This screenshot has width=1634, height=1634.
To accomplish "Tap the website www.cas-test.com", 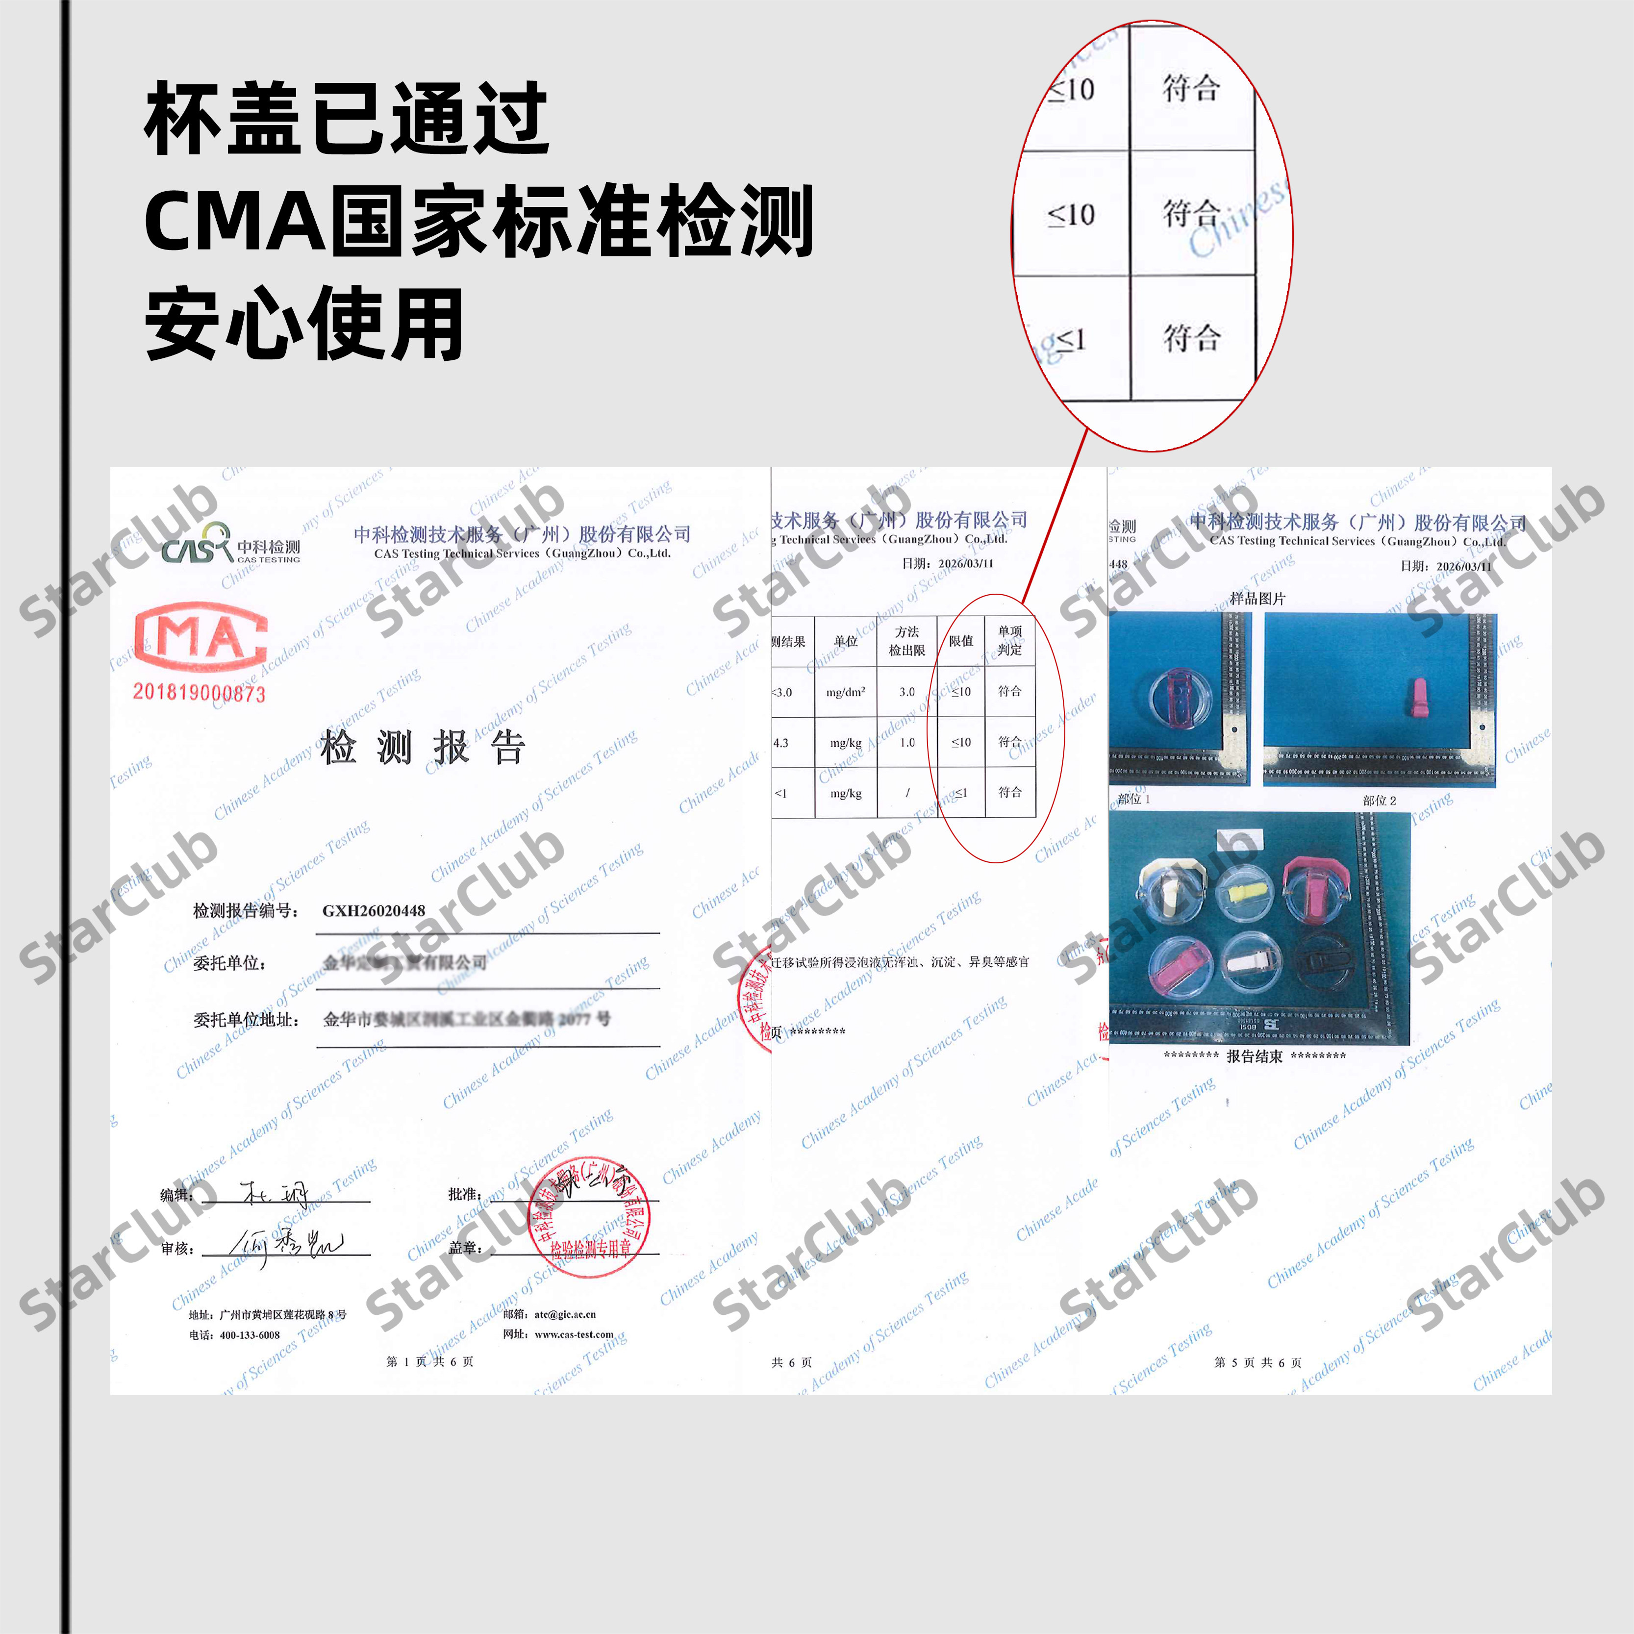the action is (574, 1334).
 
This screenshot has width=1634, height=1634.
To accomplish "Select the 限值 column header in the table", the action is (961, 641).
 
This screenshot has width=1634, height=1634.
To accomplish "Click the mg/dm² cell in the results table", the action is (846, 692).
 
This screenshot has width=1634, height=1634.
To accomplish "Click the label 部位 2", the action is (1380, 800).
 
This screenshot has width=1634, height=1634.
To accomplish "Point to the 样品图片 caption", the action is (1257, 599).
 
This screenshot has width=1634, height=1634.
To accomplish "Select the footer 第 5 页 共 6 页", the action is (1257, 1362).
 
